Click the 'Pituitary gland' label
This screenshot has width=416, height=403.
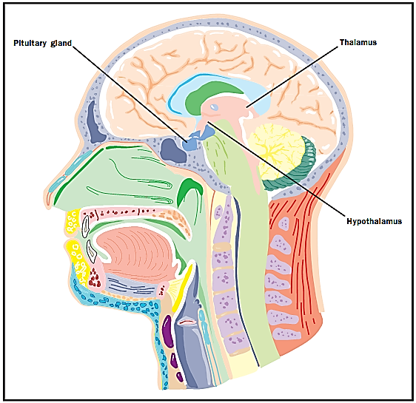[42, 43]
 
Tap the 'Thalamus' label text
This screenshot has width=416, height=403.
[358, 42]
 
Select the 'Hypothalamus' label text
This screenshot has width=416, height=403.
[374, 221]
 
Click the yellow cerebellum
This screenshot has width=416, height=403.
[276, 151]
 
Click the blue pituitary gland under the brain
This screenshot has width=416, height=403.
[198, 138]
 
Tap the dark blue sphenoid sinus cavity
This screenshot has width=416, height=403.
[173, 150]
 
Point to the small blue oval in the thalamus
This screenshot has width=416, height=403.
[215, 107]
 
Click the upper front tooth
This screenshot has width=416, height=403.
[85, 226]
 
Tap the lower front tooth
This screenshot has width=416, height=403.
[91, 251]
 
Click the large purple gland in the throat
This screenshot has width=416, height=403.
[168, 331]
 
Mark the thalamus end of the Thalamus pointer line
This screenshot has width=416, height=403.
[246, 107]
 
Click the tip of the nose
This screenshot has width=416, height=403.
[46, 197]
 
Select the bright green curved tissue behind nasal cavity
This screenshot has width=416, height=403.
[189, 191]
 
